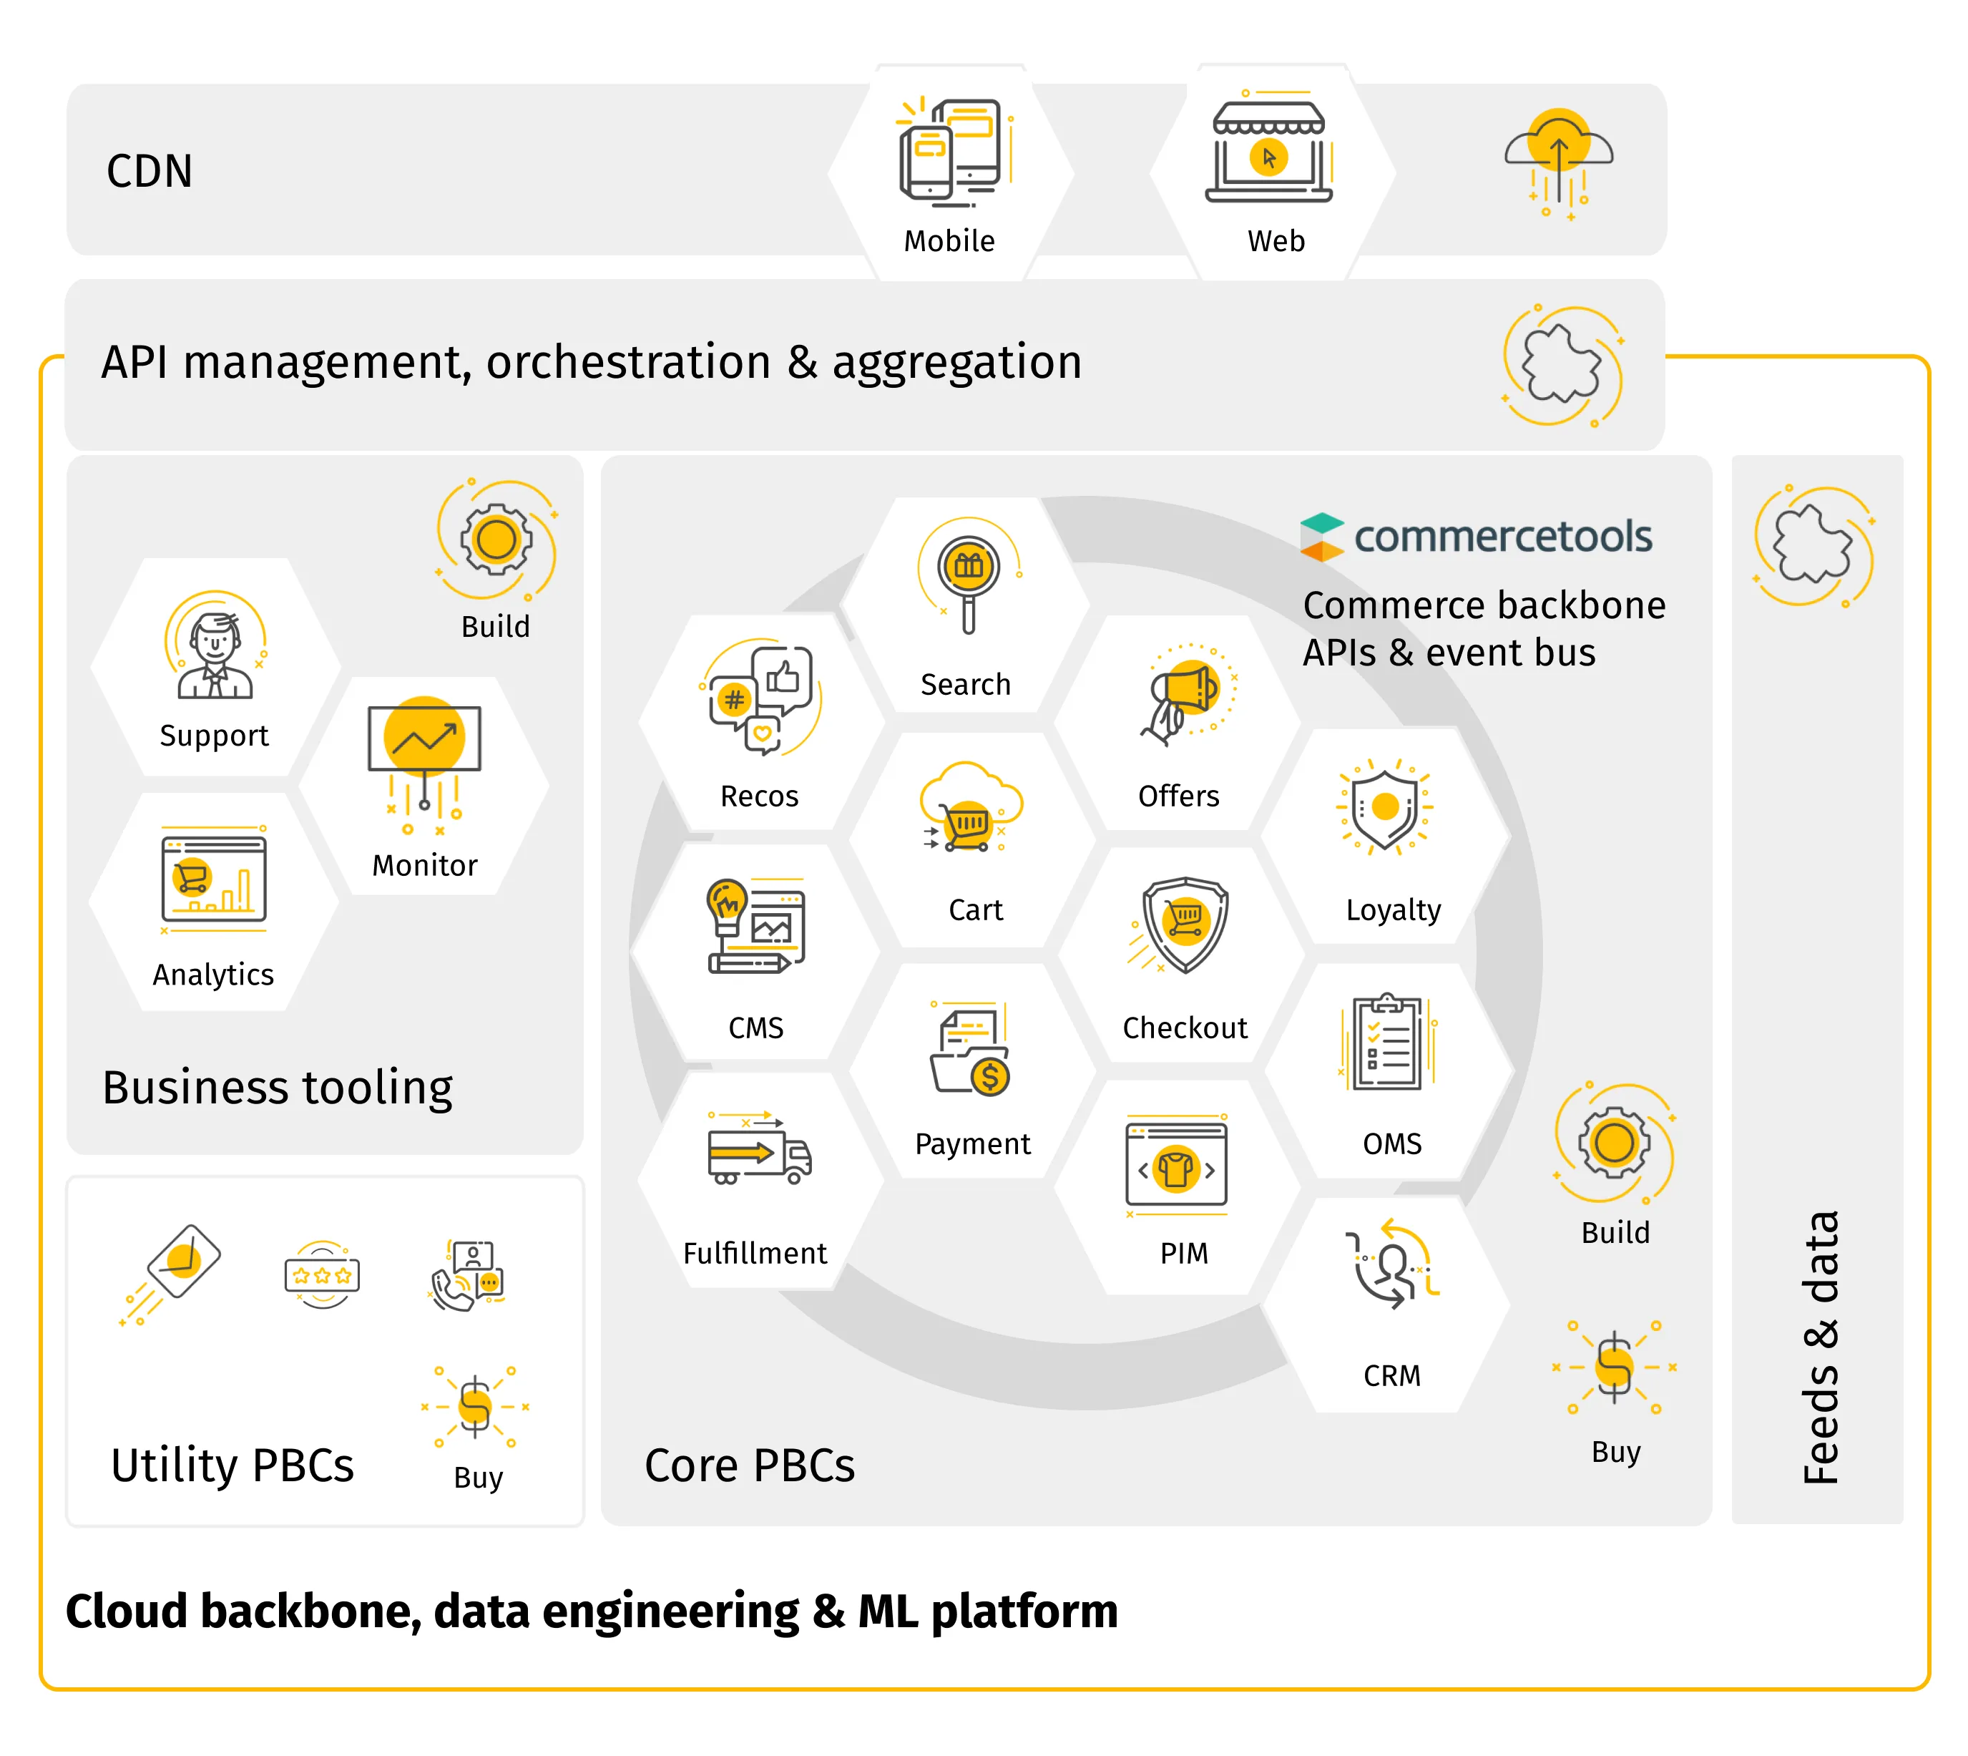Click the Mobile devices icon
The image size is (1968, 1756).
tap(953, 152)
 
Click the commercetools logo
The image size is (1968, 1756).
tap(1475, 537)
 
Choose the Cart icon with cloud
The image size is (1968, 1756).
tap(969, 808)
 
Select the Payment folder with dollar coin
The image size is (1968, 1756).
tap(969, 1050)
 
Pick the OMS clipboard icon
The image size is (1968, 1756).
tap(1387, 1042)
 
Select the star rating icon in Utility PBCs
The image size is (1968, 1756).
tap(322, 1274)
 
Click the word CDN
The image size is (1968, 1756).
tap(150, 171)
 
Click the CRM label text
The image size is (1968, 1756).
tap(1392, 1375)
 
